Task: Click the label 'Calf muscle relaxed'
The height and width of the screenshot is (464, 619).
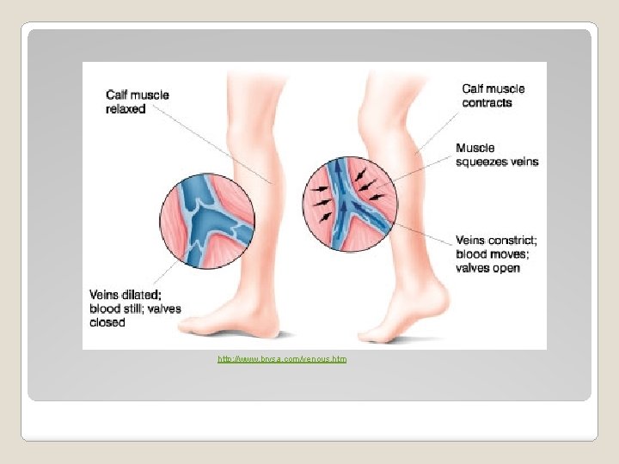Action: click(x=137, y=102)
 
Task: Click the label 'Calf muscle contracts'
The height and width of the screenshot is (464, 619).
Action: click(x=493, y=95)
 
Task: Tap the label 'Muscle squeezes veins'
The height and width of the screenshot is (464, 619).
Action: click(x=497, y=155)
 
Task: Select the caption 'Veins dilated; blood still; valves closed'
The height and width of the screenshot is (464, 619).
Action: click(x=135, y=308)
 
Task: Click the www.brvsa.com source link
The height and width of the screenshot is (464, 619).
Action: click(x=282, y=358)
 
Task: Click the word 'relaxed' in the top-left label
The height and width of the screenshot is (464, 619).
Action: click(x=126, y=109)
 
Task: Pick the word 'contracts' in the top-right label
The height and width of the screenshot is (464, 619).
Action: click(x=487, y=103)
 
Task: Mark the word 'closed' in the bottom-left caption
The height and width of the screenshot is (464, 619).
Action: click(x=107, y=323)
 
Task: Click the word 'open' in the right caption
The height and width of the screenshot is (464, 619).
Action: click(x=507, y=268)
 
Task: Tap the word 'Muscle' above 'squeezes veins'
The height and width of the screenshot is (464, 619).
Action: click(x=475, y=148)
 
